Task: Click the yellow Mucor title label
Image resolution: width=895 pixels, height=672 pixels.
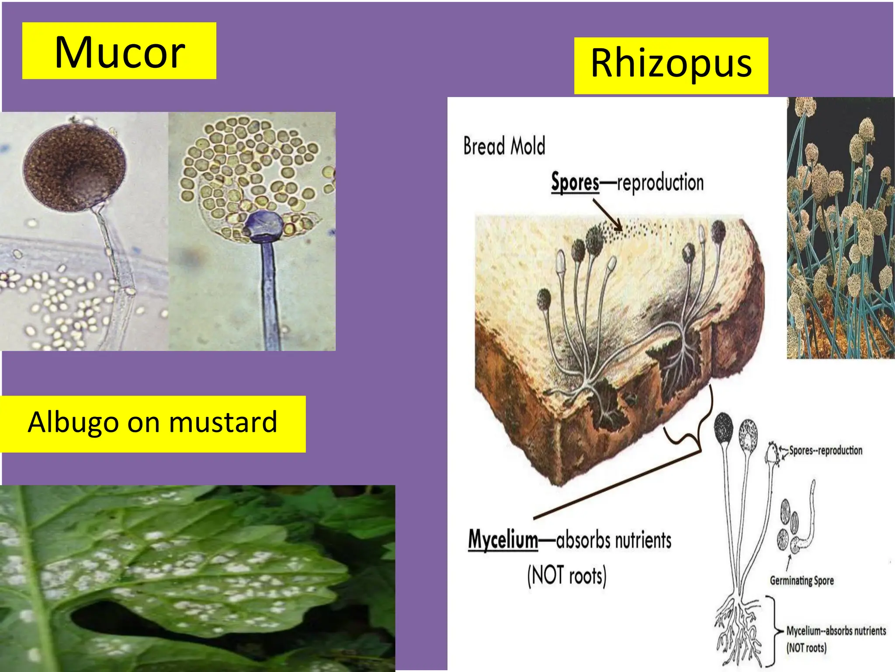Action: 119,51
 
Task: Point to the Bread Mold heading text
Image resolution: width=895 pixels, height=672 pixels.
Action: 504,146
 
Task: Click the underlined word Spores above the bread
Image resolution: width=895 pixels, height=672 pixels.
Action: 575,182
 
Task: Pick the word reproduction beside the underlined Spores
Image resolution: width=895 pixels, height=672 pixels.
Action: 660,182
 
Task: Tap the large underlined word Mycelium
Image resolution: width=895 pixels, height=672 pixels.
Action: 503,540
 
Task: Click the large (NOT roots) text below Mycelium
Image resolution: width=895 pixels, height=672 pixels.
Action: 567,576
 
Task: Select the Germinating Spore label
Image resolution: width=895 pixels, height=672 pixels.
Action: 801,581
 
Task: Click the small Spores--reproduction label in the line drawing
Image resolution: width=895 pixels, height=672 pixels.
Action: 826,450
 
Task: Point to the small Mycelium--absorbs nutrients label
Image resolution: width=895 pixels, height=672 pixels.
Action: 836,630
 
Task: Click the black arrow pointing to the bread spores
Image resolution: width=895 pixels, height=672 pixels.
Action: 608,215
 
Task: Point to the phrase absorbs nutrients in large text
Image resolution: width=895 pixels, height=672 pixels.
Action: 614,540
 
